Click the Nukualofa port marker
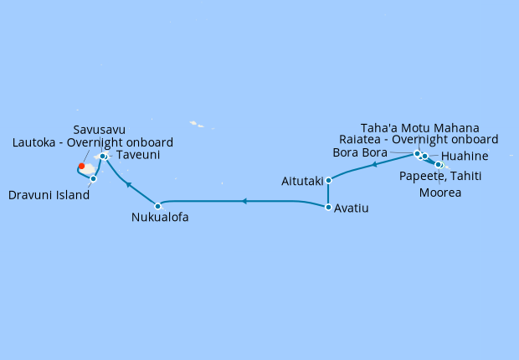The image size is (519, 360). click(x=157, y=205)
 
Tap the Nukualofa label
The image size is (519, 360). click(x=160, y=218)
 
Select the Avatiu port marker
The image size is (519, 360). click(x=328, y=207)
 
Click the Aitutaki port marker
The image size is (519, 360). click(x=328, y=180)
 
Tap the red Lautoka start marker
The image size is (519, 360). click(x=81, y=166)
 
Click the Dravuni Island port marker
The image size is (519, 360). click(x=93, y=178)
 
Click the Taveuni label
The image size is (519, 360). click(x=138, y=155)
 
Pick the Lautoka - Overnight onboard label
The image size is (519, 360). click(x=93, y=142)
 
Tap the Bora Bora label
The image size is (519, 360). click(x=360, y=153)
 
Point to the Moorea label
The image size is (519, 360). click(x=441, y=193)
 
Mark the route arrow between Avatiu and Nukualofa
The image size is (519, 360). click(x=243, y=201)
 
